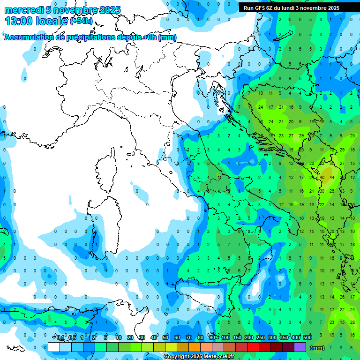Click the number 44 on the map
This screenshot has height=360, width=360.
[x=331, y=177]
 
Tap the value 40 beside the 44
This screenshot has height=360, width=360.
[x=322, y=177]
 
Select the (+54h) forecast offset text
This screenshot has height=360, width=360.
[x=81, y=22]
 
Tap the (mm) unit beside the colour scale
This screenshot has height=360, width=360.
[x=317, y=347]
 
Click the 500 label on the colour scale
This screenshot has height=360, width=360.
[x=307, y=337]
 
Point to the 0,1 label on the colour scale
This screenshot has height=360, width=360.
[x=60, y=337]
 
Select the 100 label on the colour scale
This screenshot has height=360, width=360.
[x=225, y=337]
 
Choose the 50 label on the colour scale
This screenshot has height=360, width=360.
[x=165, y=337]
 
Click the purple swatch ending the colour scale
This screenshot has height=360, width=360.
[x=300, y=347]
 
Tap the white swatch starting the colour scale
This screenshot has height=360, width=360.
[x=54, y=347]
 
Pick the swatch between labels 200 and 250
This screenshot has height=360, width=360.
[x=253, y=347]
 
